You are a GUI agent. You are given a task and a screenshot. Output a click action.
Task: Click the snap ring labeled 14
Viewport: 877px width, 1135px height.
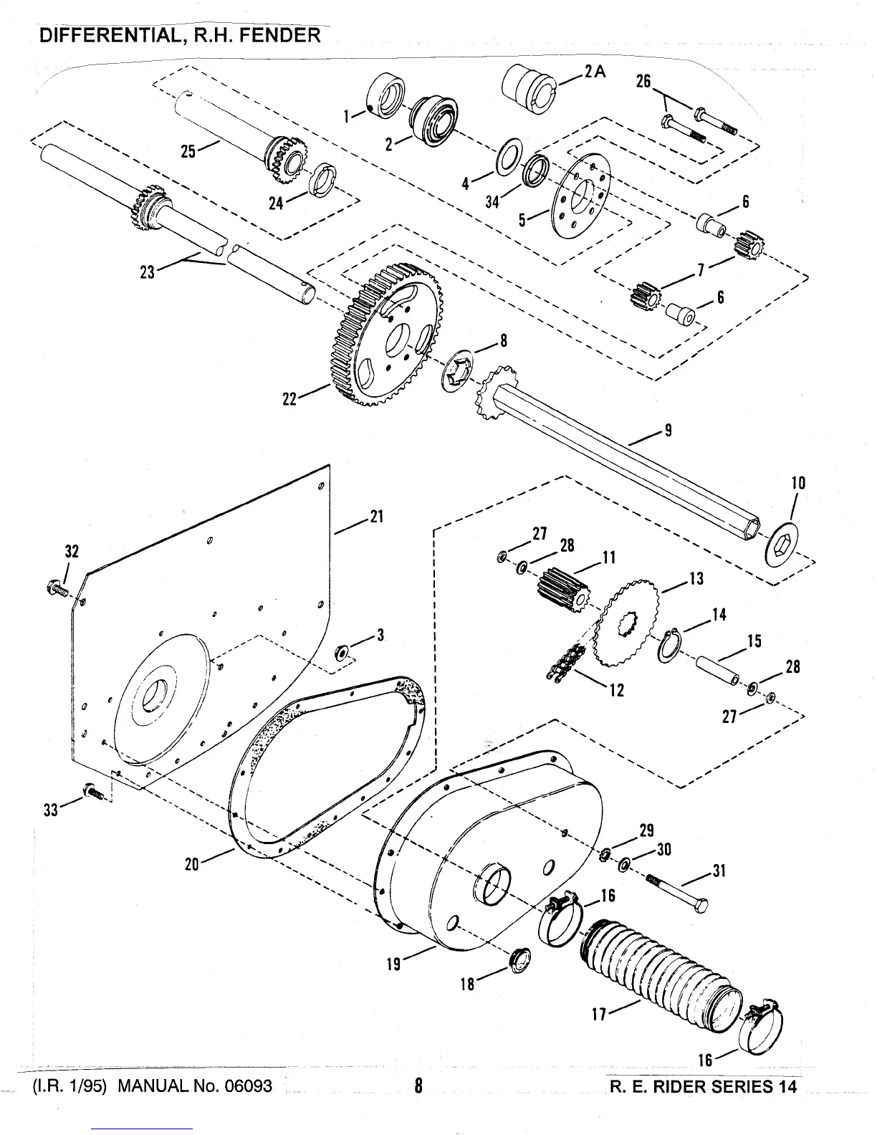pos(669,645)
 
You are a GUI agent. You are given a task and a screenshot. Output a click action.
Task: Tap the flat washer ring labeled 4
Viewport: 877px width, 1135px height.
pos(510,157)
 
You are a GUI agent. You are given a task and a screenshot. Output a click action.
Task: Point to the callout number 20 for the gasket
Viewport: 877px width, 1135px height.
pos(191,864)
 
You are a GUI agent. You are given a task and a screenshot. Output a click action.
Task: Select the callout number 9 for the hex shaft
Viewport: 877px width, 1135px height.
pos(668,431)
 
